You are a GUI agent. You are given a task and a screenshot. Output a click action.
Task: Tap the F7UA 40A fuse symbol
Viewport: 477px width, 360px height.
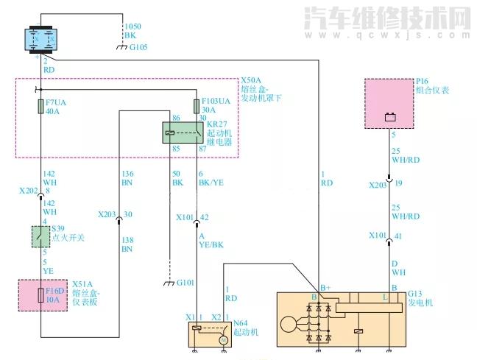point(41,107)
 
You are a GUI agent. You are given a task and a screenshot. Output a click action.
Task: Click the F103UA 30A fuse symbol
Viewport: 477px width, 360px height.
point(197,105)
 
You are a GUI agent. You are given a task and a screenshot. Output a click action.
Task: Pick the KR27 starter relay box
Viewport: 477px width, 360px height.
point(182,132)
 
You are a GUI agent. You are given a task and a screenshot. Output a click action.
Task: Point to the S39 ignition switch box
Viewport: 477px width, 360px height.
point(40,236)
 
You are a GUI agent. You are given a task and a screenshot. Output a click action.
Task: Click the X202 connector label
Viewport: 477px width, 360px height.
point(29,189)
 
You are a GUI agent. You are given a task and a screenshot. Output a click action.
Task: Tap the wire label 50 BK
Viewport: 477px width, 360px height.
point(177,177)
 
